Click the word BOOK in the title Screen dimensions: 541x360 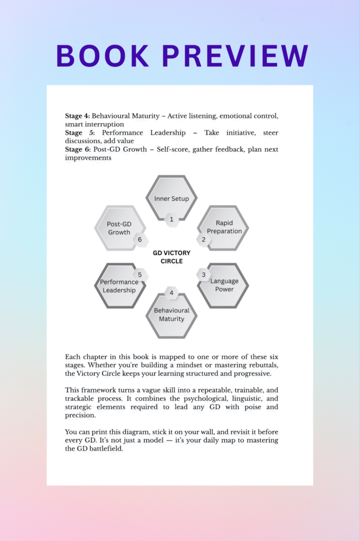coord(100,56)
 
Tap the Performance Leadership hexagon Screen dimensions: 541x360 coord(119,286)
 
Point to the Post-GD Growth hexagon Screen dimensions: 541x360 coord(119,228)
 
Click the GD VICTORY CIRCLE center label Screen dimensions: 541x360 coord(172,257)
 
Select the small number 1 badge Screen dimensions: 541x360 coord(172,219)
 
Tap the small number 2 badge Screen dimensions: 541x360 coord(204,239)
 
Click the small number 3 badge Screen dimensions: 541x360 coord(204,275)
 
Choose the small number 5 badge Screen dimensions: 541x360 coord(140,275)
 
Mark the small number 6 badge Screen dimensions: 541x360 coord(140,239)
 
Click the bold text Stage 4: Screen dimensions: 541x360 coord(78,116)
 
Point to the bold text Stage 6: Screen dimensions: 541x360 coord(78,150)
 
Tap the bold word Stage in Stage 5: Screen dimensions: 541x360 coord(74,133)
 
